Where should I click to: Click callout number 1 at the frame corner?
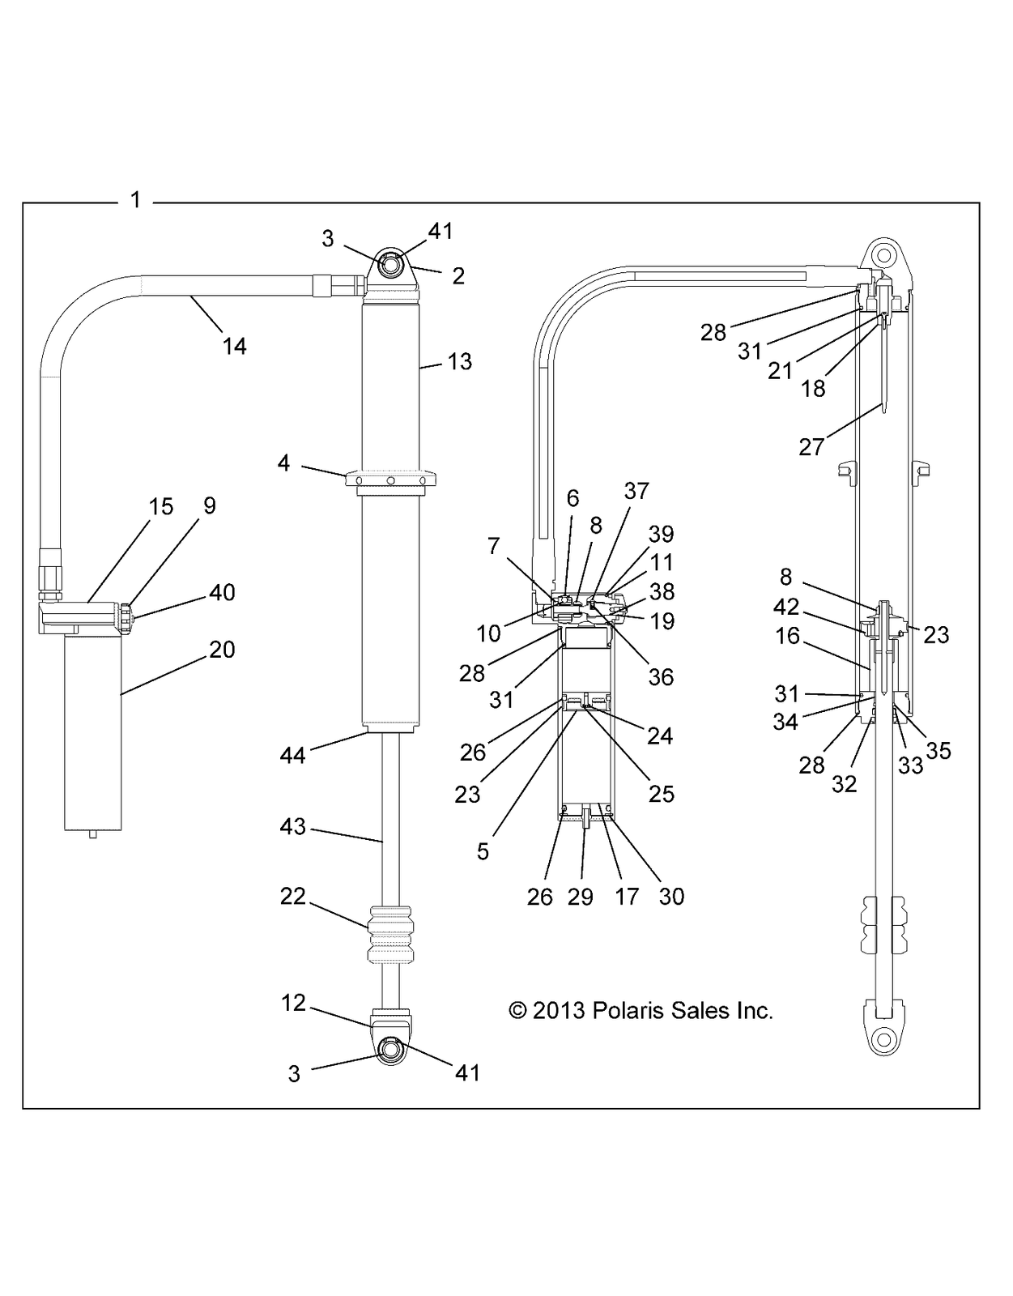[x=135, y=199]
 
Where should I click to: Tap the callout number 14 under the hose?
[x=235, y=346]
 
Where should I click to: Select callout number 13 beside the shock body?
[x=459, y=361]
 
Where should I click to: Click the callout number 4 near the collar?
[x=283, y=464]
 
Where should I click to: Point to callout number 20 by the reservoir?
[x=222, y=649]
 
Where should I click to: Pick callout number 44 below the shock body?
[x=292, y=755]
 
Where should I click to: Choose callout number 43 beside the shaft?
[x=293, y=826]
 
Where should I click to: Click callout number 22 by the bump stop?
[x=293, y=896]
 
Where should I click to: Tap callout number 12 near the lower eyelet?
[x=293, y=1003]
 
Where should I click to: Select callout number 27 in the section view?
[x=811, y=446]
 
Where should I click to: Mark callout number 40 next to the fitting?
[x=222, y=592]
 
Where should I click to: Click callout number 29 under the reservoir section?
[x=580, y=897]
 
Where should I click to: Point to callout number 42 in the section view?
[x=786, y=607]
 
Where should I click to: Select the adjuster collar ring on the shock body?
[x=390, y=480]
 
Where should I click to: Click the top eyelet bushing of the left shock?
[x=390, y=265]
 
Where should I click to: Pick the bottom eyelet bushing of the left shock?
[x=390, y=1048]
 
